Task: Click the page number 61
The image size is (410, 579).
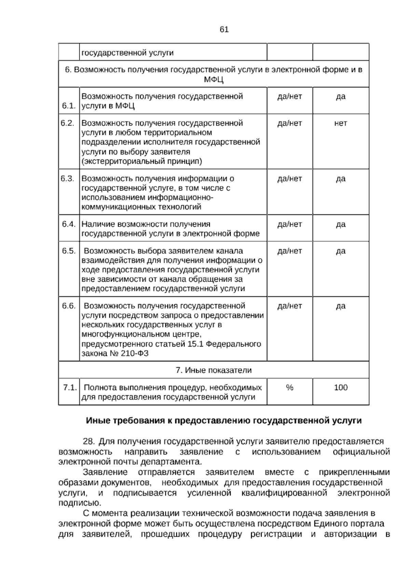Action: tap(224, 30)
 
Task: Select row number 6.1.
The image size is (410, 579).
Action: tap(69, 106)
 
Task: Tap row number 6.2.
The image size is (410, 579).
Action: tap(68, 123)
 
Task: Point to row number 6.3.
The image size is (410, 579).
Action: tap(68, 179)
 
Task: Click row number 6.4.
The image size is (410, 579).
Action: tap(69, 224)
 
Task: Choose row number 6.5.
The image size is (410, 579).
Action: tap(69, 251)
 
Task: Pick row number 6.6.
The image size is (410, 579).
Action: tap(69, 306)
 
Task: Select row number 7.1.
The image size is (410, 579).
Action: tap(70, 387)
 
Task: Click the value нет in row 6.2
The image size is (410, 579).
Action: tap(341, 123)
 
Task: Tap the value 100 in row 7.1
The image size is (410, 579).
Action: tap(341, 387)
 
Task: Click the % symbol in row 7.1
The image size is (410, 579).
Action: tap(290, 387)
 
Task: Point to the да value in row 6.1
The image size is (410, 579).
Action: tap(341, 96)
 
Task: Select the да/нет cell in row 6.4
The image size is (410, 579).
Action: tap(290, 224)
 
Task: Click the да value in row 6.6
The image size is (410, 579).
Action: tap(341, 306)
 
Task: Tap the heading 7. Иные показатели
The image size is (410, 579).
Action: tap(214, 370)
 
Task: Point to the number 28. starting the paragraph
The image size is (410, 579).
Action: tap(89, 442)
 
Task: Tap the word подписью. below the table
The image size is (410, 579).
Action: tap(80, 503)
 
